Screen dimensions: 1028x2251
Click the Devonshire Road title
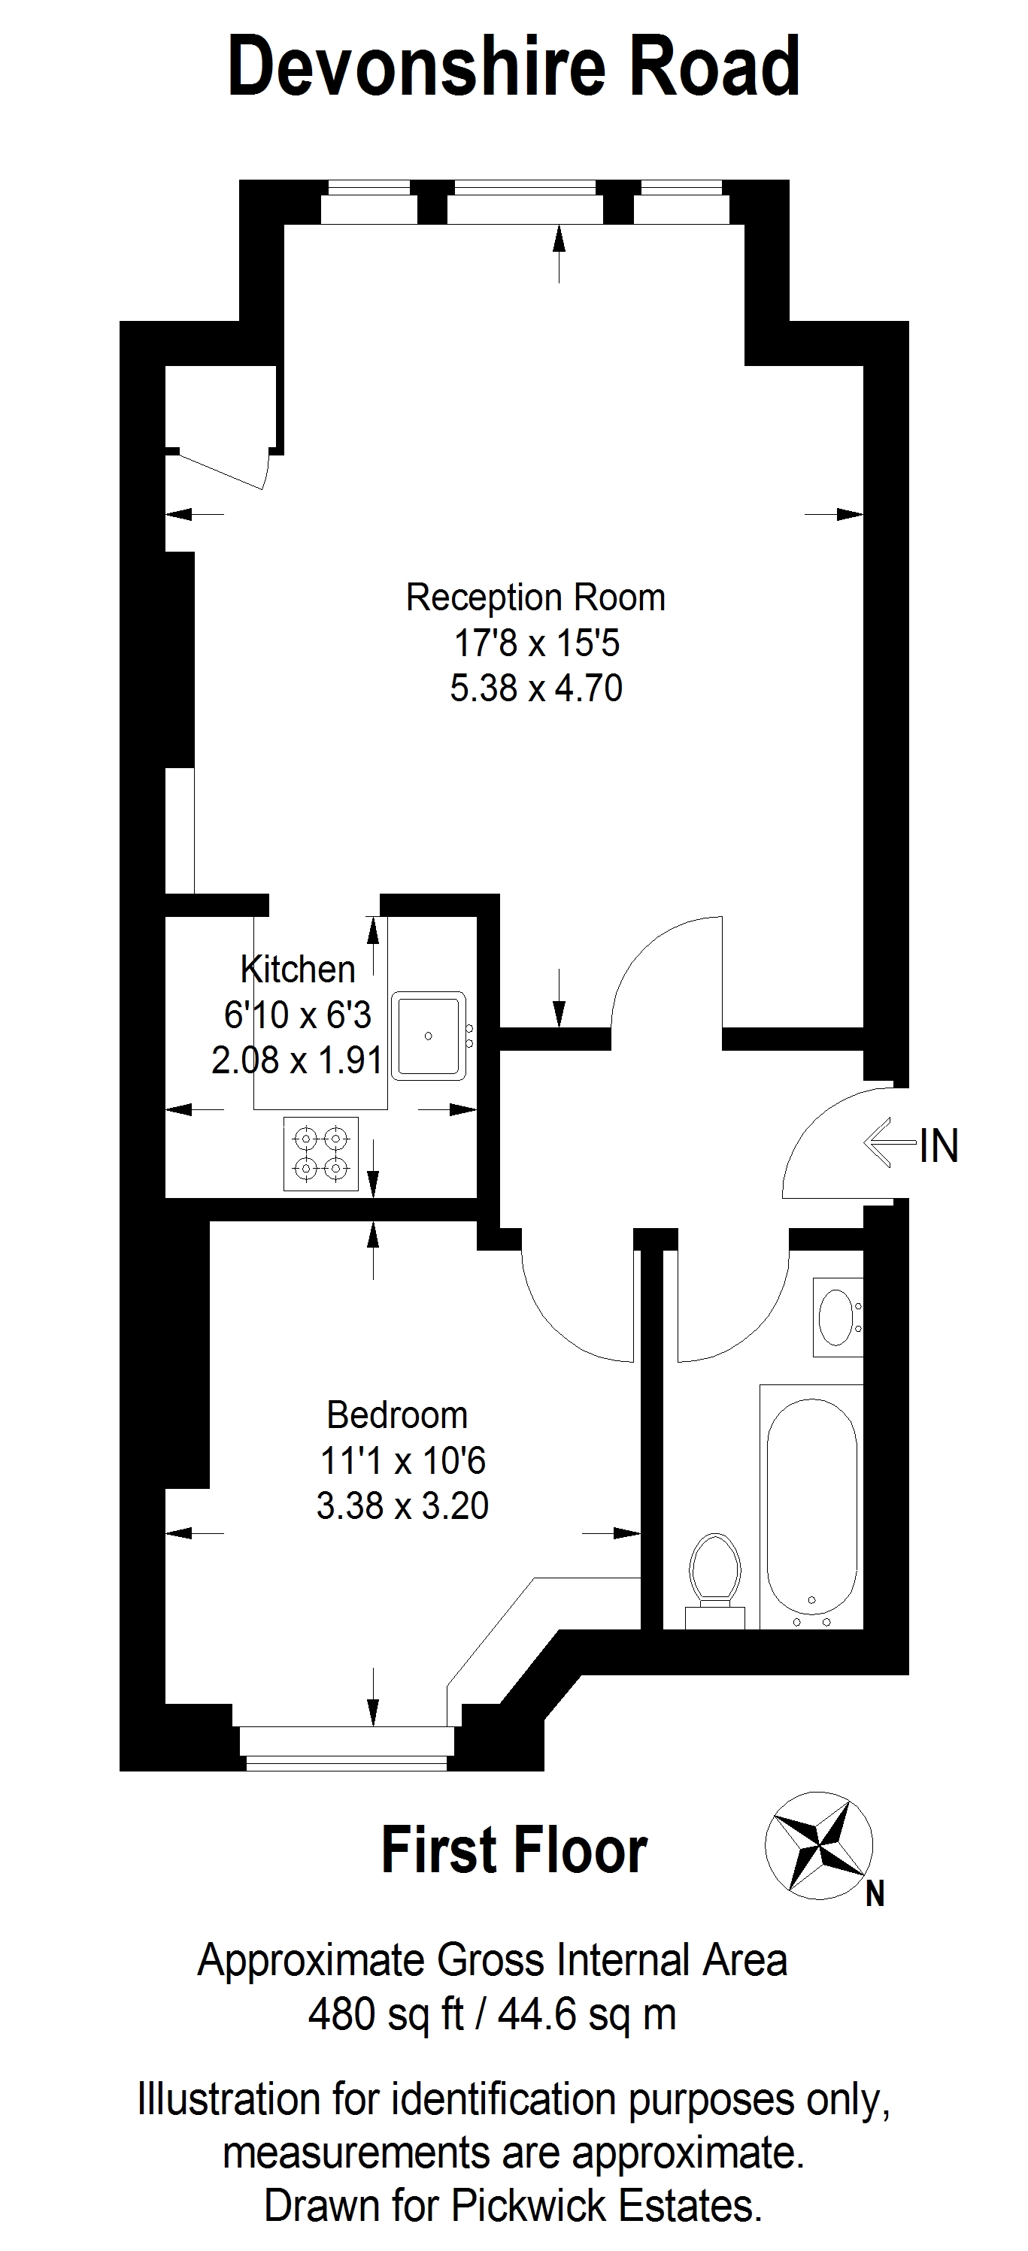coord(514,68)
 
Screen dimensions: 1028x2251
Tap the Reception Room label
coord(536,598)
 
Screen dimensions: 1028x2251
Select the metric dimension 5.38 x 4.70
coord(536,688)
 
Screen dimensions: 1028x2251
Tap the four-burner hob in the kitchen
coord(321,1154)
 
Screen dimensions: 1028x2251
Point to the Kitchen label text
coord(298,969)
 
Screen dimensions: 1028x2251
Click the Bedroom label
coord(397,1414)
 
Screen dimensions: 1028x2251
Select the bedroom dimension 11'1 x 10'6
coord(403,1460)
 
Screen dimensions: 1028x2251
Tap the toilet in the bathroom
coord(715,1581)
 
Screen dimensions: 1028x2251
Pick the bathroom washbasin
coord(838,1317)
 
